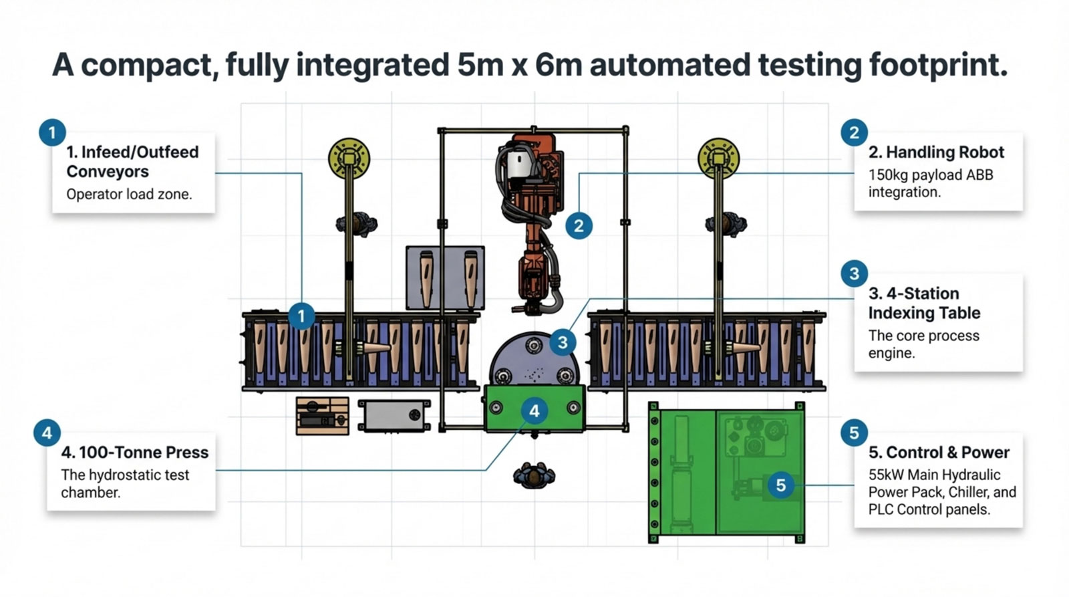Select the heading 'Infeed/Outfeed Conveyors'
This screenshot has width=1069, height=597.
(132, 162)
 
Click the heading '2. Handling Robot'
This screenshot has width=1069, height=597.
(936, 152)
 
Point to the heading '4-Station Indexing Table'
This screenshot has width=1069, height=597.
(924, 303)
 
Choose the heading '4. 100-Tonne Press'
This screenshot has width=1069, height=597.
(134, 453)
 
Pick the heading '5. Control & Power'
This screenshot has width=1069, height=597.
(939, 453)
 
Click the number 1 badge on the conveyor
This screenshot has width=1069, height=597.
(301, 316)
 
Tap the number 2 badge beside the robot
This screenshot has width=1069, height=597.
(579, 226)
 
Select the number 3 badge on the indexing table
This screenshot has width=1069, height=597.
(563, 343)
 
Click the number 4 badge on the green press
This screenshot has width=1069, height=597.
(534, 411)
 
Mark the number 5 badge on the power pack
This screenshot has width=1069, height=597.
(780, 485)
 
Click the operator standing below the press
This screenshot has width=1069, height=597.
(534, 475)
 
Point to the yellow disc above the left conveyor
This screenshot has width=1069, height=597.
(349, 158)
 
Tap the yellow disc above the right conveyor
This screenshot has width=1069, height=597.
(718, 158)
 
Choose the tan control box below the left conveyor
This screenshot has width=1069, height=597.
(322, 416)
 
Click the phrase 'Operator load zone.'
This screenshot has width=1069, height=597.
(129, 195)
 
